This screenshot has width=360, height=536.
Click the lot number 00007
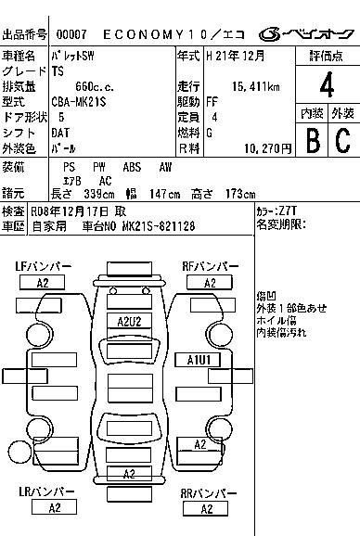[71, 34]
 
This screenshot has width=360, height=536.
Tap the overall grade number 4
[327, 84]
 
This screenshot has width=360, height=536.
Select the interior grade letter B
[313, 140]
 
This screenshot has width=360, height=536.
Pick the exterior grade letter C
[343, 140]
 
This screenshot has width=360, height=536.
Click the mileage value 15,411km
[255, 86]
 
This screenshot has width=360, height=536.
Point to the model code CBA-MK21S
[79, 102]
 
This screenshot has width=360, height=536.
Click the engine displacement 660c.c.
[95, 87]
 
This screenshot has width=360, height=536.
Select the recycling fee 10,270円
[268, 148]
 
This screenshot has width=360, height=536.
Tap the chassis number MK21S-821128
[159, 226]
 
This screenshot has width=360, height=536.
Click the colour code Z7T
[288, 211]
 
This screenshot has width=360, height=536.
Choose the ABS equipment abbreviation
[132, 167]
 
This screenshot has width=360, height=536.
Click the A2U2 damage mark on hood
[129, 322]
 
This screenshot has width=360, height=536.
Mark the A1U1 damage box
[198, 360]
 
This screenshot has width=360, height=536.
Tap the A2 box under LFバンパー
[43, 283]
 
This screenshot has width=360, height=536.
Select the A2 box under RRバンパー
[206, 509]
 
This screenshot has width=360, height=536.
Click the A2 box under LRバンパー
[54, 507]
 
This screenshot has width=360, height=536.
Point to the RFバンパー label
[211, 266]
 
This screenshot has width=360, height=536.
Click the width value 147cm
[164, 194]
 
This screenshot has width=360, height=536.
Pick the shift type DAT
[60, 133]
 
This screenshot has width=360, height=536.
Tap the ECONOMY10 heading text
[155, 34]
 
